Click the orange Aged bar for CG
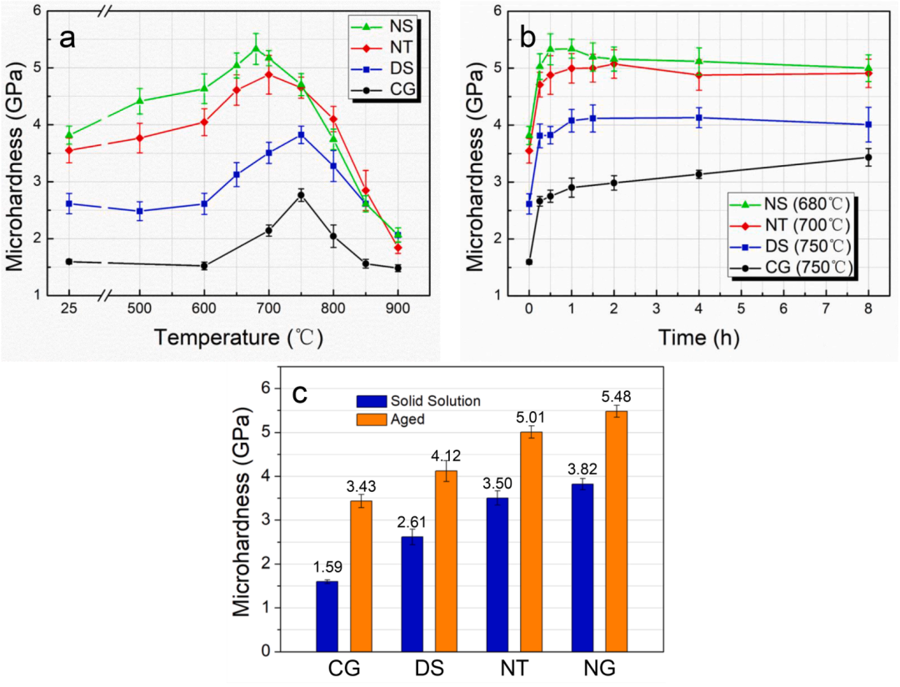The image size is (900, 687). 361,575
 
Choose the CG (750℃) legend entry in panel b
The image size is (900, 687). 792,267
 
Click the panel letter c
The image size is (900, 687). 297,392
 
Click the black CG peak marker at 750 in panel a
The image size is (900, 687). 301,195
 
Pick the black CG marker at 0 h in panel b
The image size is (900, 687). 528,262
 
